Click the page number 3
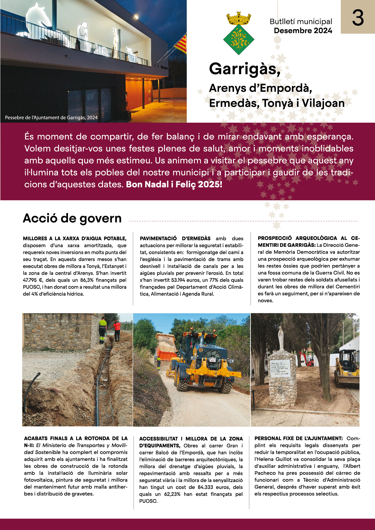click(358, 18)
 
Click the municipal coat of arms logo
click(239, 33)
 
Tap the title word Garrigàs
click(244, 69)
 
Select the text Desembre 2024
click(303, 31)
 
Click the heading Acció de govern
click(72, 218)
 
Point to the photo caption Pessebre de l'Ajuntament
click(51, 118)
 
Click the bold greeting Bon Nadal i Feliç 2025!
click(174, 184)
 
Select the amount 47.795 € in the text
click(33, 280)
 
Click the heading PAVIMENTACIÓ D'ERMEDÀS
click(175, 238)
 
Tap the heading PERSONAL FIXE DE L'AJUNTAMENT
click(299, 438)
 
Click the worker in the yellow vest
click(103, 330)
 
